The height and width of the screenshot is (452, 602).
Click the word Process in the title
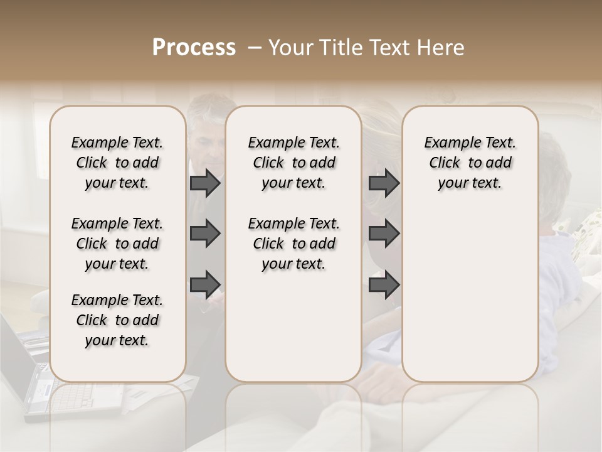click(x=194, y=48)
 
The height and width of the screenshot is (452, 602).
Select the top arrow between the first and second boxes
click(x=205, y=183)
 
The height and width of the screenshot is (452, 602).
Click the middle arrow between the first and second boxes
click(x=205, y=234)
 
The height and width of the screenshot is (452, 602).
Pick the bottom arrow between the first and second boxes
click(x=205, y=284)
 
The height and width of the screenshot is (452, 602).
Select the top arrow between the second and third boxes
click(x=384, y=183)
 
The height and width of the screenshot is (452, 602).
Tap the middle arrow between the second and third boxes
click(x=384, y=234)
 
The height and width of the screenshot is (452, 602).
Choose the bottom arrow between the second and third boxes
click(x=384, y=284)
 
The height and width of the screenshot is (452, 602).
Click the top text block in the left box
click(x=117, y=163)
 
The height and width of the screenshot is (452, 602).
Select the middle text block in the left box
click(x=117, y=244)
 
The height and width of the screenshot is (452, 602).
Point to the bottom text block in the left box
click(x=117, y=320)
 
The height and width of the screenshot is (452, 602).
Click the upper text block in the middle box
click(x=293, y=163)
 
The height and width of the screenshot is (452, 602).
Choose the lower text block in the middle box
click(x=293, y=244)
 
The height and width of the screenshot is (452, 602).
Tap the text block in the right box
click(x=470, y=163)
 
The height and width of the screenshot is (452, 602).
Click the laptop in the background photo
click(x=25, y=377)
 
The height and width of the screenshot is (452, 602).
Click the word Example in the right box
click(x=446, y=143)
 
